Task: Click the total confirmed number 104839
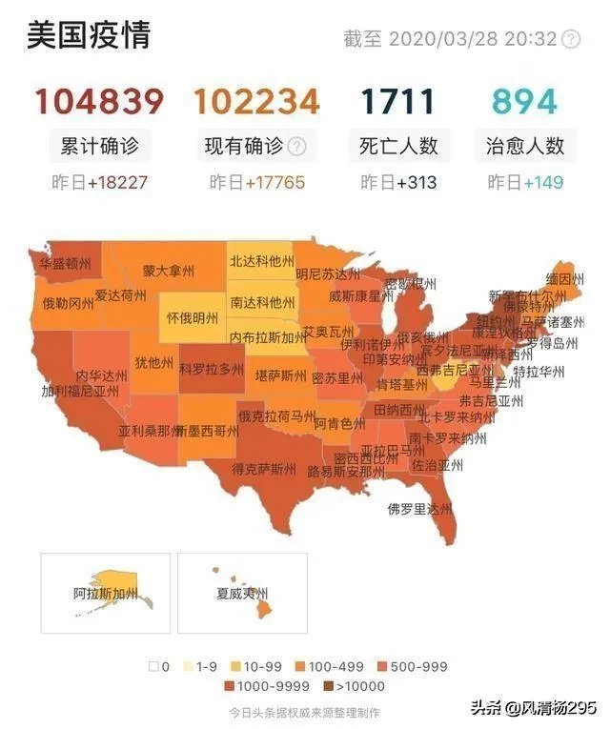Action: (x=100, y=101)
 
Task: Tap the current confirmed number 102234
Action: (x=256, y=101)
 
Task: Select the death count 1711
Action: (x=398, y=101)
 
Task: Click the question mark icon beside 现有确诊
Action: (x=297, y=147)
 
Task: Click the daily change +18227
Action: (x=118, y=182)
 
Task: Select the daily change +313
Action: (x=417, y=182)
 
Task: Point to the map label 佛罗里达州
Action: (x=418, y=509)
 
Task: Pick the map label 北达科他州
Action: (x=261, y=260)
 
